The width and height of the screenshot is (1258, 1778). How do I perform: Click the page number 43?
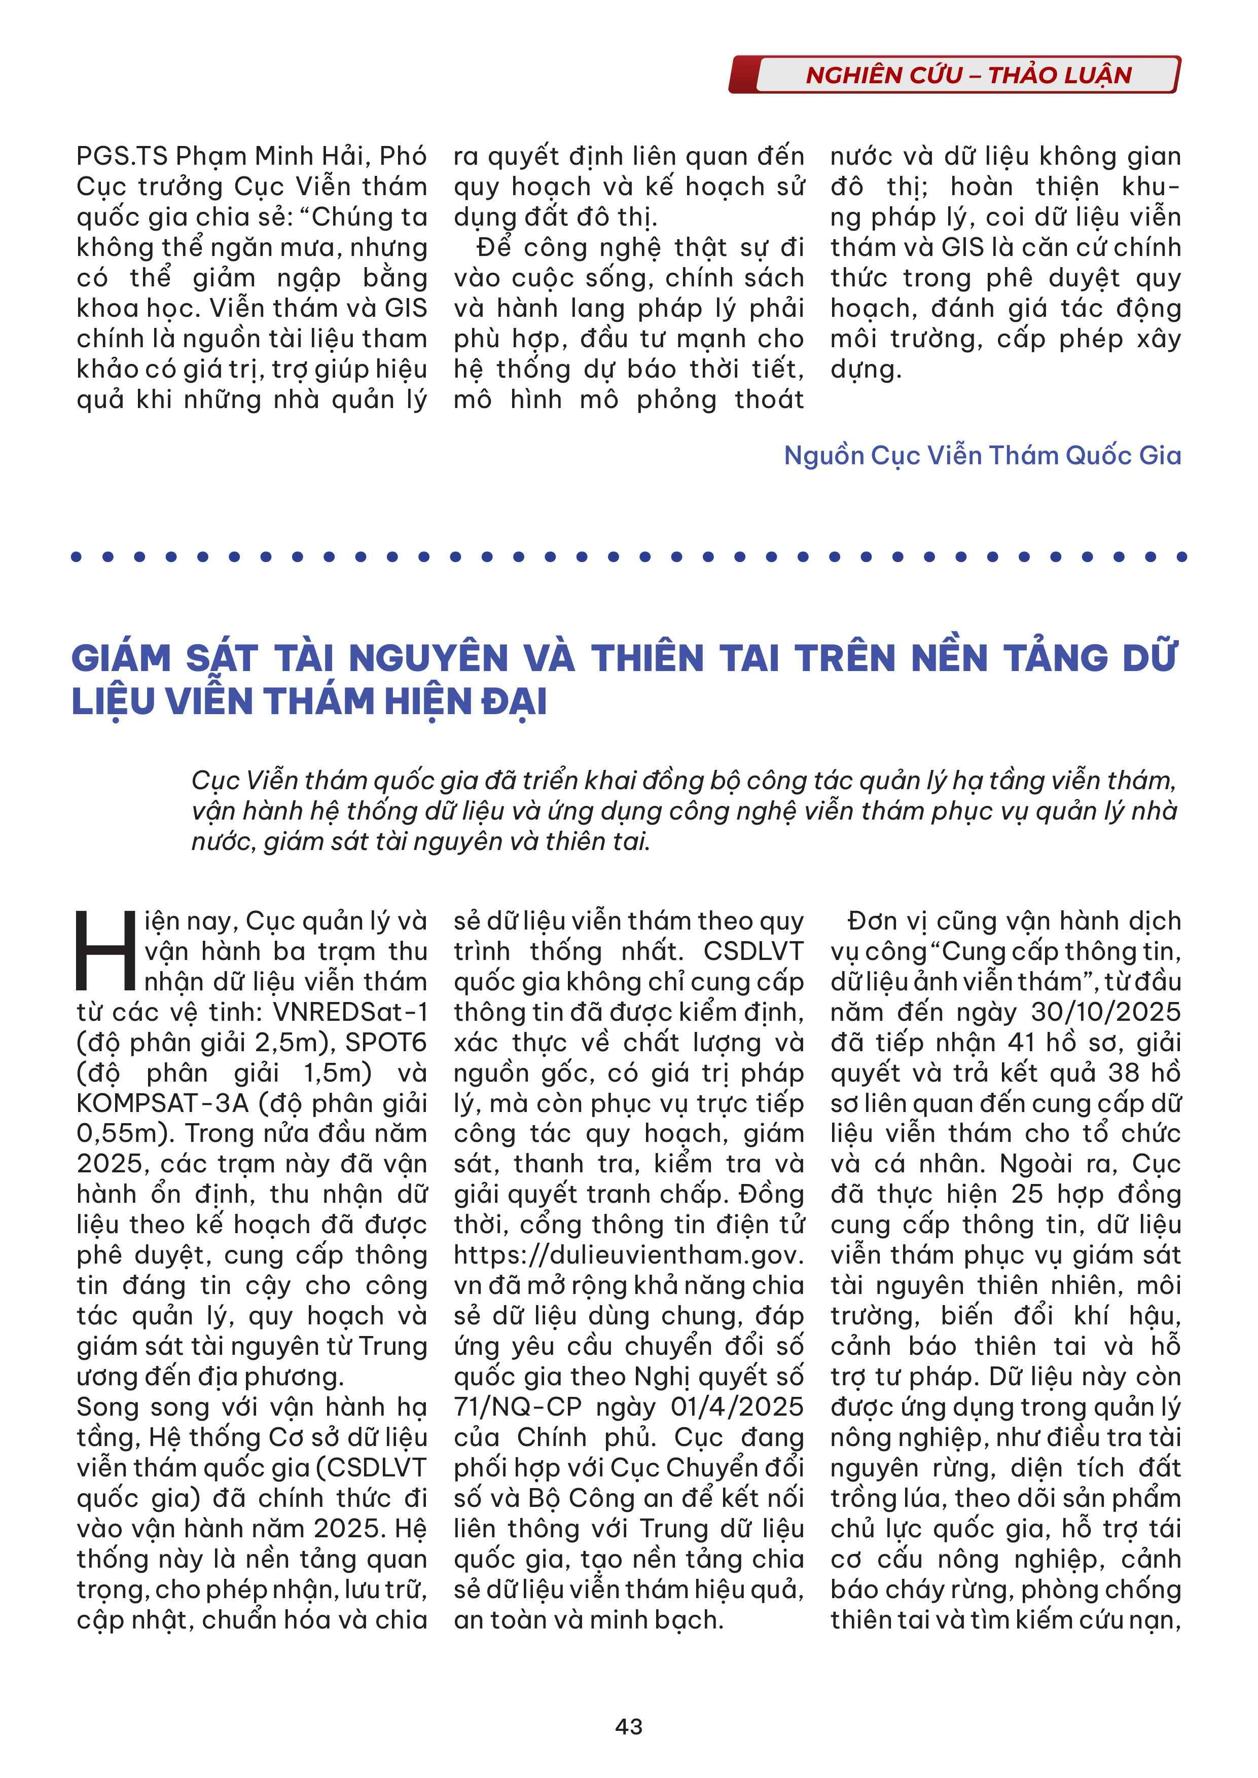[x=628, y=1726]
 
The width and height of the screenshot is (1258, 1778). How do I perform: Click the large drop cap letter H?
[x=105, y=951]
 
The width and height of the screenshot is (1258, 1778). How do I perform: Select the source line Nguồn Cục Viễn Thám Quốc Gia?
[x=982, y=455]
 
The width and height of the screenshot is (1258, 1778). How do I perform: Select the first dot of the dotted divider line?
[x=76, y=556]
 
